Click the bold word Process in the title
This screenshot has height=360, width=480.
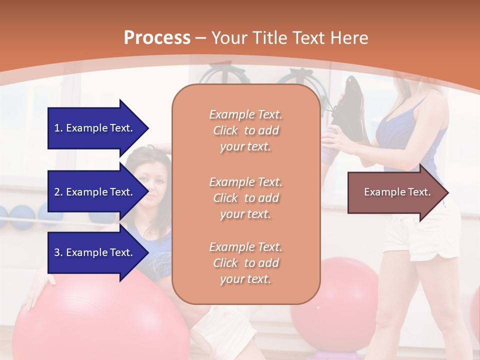click(x=157, y=38)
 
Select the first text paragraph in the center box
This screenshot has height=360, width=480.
click(x=245, y=130)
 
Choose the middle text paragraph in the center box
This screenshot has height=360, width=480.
click(x=245, y=198)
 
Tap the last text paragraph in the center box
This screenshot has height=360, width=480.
click(x=245, y=263)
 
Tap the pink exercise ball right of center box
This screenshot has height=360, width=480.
click(x=345, y=295)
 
